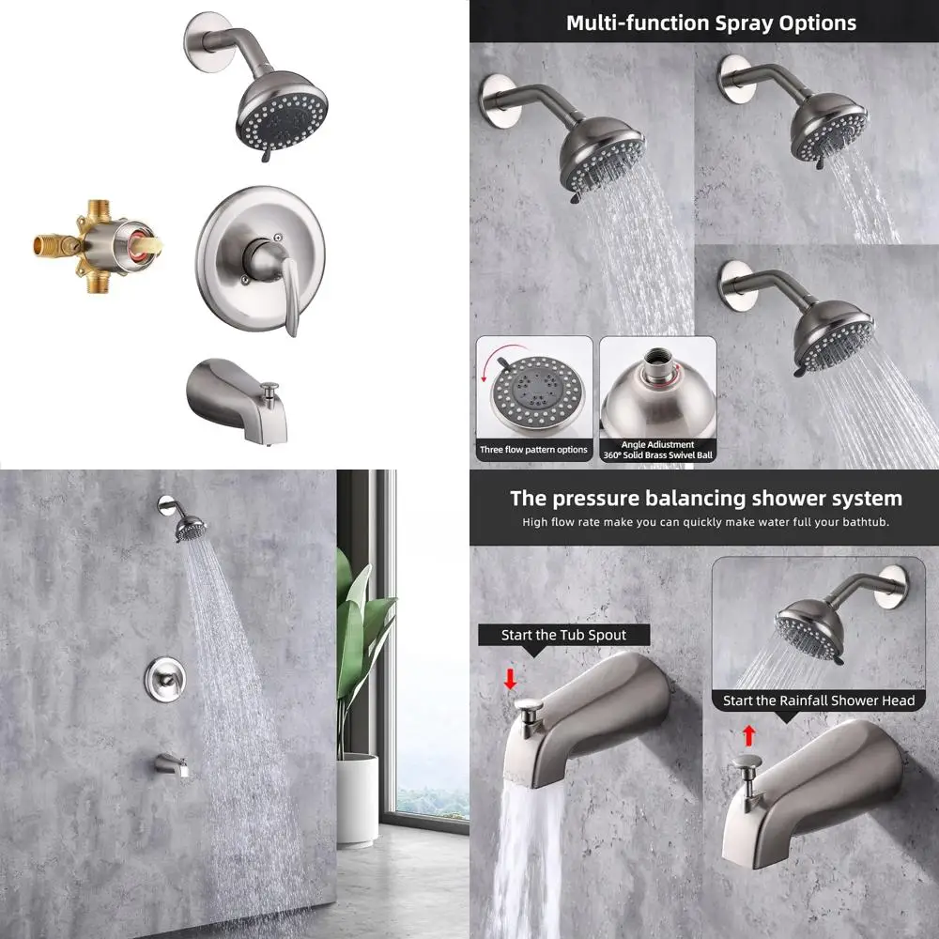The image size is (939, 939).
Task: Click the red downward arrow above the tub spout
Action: (x=510, y=678)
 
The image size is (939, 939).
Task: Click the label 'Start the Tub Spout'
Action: (x=563, y=635)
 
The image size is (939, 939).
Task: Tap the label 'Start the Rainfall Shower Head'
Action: (x=818, y=700)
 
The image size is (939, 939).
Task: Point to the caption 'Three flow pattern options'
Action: (x=533, y=450)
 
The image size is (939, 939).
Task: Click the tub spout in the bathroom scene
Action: (x=173, y=765)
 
